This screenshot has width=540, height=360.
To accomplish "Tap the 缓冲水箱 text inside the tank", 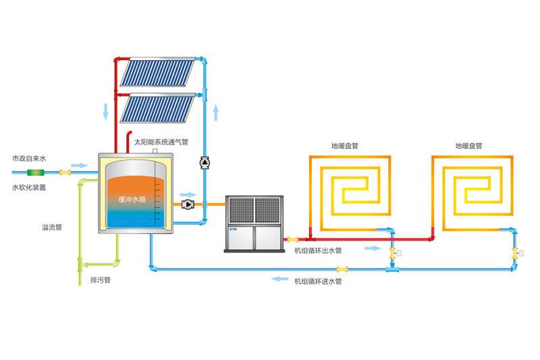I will point(132,199).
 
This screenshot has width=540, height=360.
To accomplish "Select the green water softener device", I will point(32,173).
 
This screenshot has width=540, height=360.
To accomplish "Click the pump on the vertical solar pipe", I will point(204,162).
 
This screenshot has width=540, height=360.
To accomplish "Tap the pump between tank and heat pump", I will point(188,203).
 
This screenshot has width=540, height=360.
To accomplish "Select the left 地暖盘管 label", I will point(344,145).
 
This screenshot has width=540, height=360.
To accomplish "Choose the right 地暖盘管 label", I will point(468,145).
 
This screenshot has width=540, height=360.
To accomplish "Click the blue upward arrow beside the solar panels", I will point(216,111).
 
